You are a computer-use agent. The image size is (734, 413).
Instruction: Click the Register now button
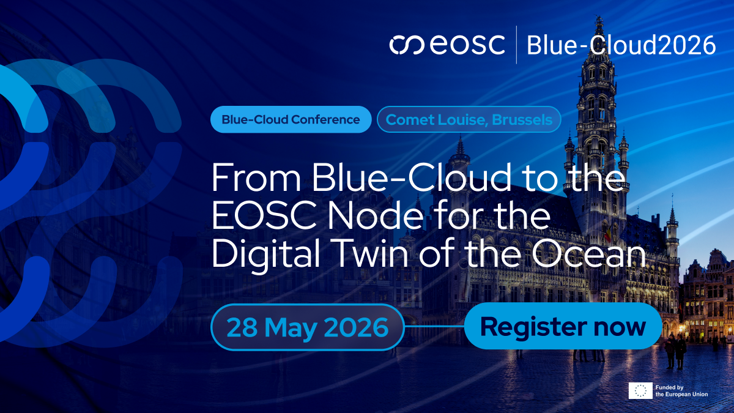point(563,326)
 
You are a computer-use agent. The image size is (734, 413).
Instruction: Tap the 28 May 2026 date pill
point(308,327)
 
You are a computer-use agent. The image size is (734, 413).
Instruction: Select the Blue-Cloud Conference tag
point(291,119)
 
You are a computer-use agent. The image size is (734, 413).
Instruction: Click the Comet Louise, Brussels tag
point(469,119)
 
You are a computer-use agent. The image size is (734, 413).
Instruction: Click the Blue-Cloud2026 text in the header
point(621,45)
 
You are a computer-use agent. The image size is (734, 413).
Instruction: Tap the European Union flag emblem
point(640,390)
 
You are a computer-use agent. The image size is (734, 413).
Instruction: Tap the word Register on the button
point(533,326)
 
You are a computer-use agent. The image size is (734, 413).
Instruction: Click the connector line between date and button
point(434,327)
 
